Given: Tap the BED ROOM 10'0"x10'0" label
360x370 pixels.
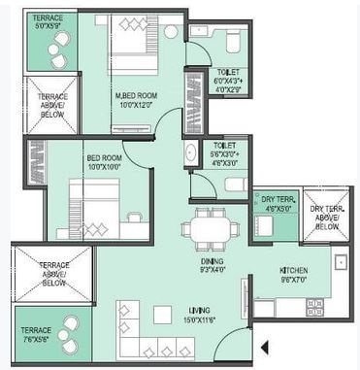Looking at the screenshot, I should tap(105, 160).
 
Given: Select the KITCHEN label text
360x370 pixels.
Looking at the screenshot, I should tap(294, 270).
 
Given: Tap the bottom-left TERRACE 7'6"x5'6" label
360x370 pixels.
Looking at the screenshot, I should tap(37, 335).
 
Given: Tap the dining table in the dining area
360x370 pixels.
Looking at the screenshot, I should tap(211, 230).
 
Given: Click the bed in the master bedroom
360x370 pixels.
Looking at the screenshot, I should tap(129, 49).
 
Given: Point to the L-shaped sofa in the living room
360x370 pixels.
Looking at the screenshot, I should tap(146, 335).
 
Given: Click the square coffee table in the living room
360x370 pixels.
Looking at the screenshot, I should tap(161, 315).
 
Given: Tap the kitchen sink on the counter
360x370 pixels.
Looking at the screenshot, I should tap(341, 261).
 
